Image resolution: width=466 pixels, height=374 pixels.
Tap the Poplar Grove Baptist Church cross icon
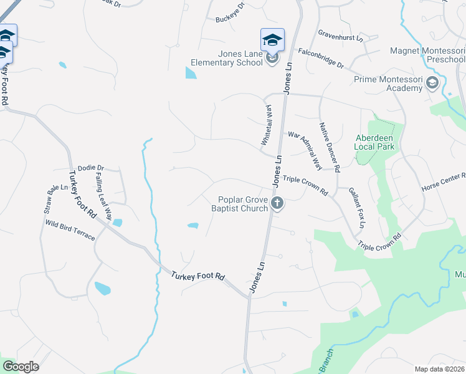278,203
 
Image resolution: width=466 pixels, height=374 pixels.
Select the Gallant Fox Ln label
356,207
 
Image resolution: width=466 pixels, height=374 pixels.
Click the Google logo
21,366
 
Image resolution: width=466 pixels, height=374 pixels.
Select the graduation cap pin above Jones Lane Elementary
272,39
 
